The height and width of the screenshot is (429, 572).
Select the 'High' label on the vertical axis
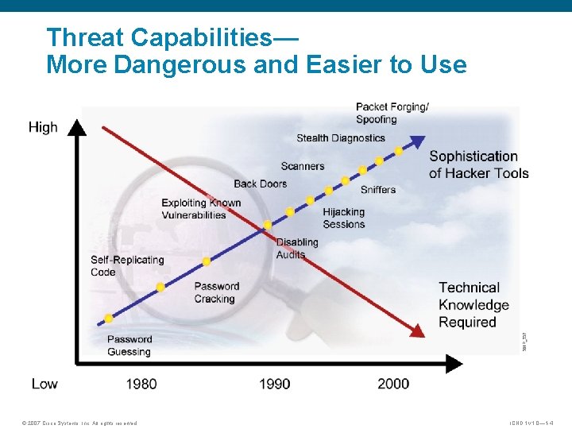(x=43, y=127)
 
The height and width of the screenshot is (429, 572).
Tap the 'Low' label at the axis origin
(x=44, y=384)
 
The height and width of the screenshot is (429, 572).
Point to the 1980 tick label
(x=141, y=384)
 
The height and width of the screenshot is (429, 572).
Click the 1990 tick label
(x=274, y=384)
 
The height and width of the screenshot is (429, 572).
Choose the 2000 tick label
(x=393, y=384)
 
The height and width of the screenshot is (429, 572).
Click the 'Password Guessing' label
(x=129, y=346)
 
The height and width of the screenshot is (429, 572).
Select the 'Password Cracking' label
(x=216, y=292)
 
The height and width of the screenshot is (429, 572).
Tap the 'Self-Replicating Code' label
(x=127, y=265)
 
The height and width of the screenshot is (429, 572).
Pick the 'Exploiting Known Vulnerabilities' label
(x=201, y=208)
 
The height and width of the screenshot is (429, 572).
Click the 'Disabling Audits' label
(x=296, y=248)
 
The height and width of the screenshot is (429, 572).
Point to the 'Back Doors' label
(x=260, y=184)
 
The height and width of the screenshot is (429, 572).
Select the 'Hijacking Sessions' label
(x=343, y=218)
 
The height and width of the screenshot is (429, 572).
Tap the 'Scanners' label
(x=302, y=166)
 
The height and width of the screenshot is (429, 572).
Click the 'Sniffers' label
(x=377, y=189)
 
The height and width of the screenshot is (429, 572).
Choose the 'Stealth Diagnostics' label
(x=340, y=138)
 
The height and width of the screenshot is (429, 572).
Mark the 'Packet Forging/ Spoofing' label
(x=392, y=113)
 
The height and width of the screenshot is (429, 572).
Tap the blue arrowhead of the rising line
(x=418, y=141)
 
